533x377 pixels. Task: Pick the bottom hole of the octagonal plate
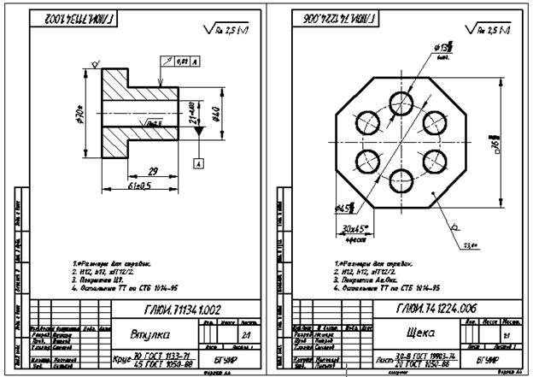coord(398,180)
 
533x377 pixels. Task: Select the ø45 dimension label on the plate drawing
coord(345,208)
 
